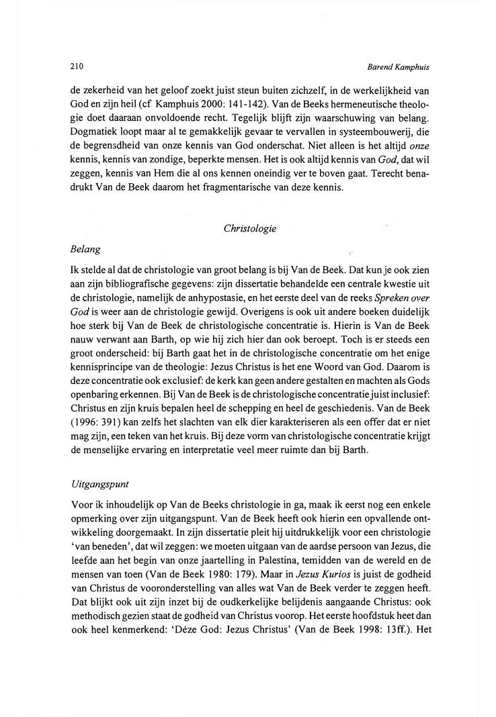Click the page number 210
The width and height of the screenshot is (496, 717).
pos(76,66)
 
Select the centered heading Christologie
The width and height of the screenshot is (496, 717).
pos(249,228)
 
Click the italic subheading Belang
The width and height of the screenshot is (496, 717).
pos(85,249)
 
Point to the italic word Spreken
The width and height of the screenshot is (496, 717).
pos(382,297)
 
